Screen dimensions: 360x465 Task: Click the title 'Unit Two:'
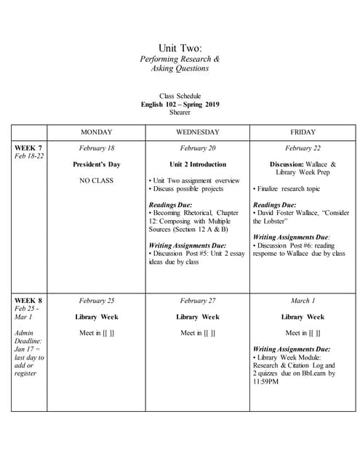click(180, 47)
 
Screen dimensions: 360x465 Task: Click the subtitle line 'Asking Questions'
click(180, 68)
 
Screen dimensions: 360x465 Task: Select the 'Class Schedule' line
click(180, 96)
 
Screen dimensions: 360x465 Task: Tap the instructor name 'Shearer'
click(180, 112)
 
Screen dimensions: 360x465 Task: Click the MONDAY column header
click(96, 132)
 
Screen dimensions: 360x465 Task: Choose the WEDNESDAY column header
click(197, 132)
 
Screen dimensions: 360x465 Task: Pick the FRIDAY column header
click(303, 132)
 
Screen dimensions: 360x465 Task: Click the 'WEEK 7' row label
click(28, 147)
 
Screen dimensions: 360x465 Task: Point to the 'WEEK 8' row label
click(28, 300)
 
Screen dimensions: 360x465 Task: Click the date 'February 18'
click(96, 148)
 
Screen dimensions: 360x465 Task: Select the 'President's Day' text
click(96, 164)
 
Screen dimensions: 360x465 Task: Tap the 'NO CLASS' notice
click(96, 180)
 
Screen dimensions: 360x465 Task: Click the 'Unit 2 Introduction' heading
click(197, 164)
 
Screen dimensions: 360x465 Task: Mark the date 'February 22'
click(303, 148)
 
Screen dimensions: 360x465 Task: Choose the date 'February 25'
click(96, 301)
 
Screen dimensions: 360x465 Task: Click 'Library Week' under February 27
click(197, 317)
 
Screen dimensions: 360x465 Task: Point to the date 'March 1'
click(303, 301)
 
